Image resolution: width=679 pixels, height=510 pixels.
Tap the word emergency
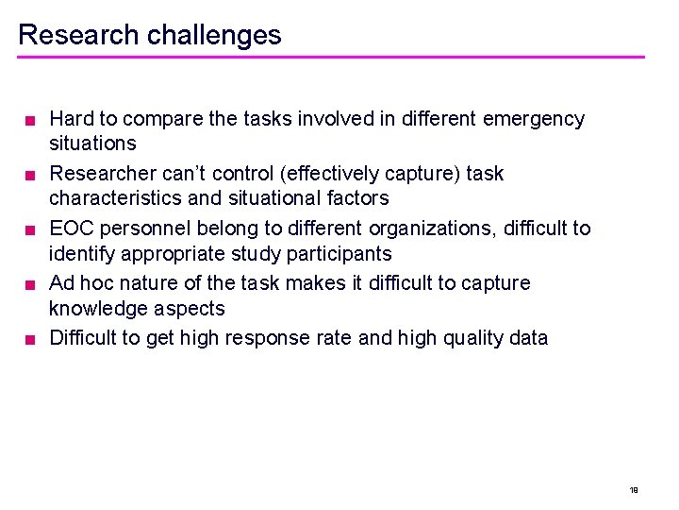tap(533, 119)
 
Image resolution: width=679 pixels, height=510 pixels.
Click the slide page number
tap(634, 490)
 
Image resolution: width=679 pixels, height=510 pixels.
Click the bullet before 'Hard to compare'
tap(30, 120)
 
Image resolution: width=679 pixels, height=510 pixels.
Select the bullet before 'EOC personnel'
tap(30, 229)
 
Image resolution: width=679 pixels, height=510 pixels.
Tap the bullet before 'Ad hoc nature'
tap(30, 284)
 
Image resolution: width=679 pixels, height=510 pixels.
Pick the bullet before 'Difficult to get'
tap(30, 339)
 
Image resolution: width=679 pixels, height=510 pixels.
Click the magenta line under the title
tap(331, 58)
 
